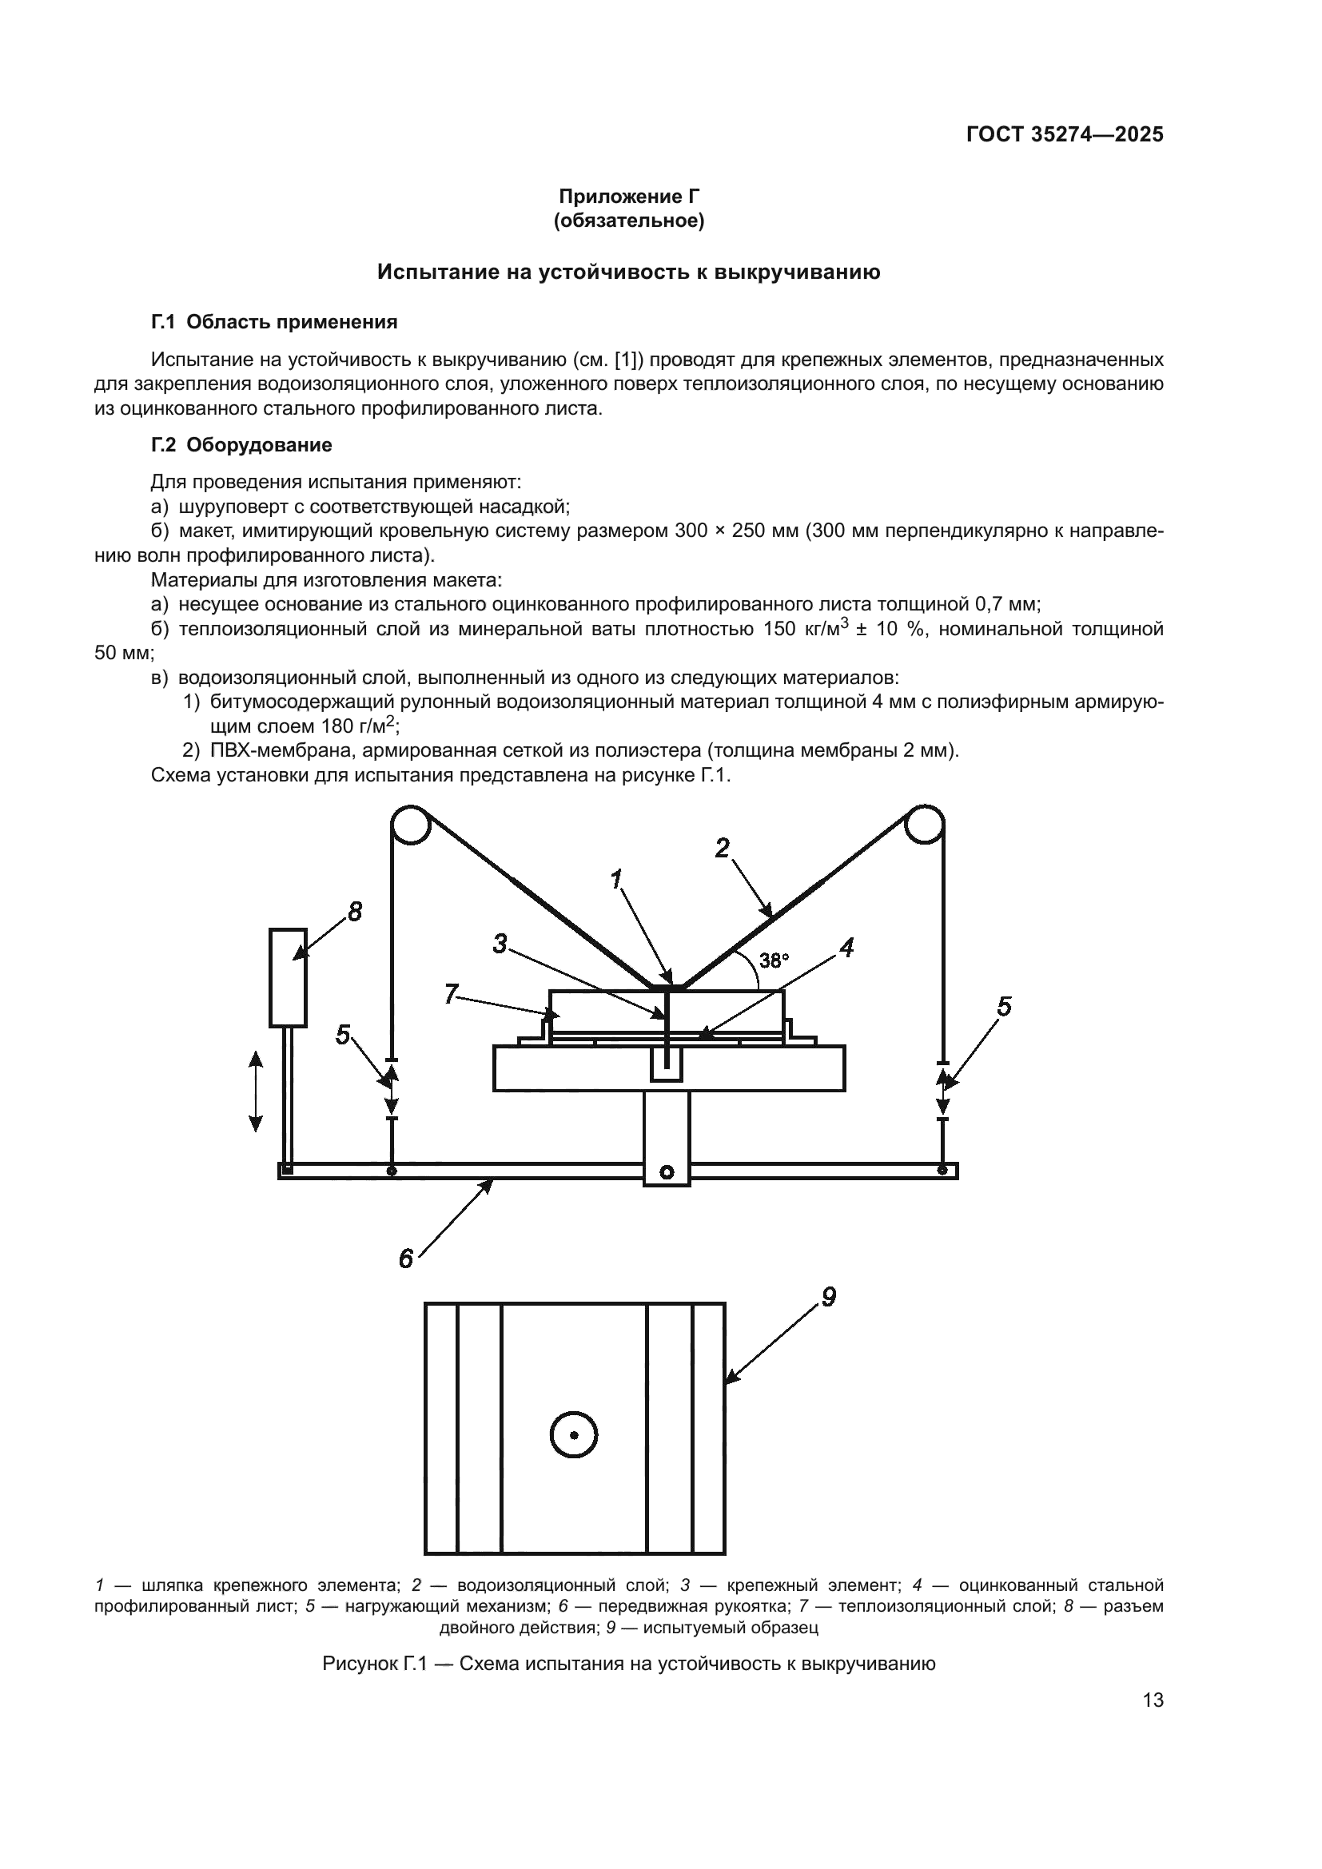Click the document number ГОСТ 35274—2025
(x=1065, y=135)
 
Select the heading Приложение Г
(x=628, y=197)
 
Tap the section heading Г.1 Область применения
(x=274, y=322)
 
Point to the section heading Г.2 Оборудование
(x=241, y=445)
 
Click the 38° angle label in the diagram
(x=774, y=960)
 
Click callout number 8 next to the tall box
(x=355, y=913)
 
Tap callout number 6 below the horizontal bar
(x=405, y=1259)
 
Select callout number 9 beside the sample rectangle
(x=829, y=1298)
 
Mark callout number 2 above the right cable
(x=722, y=849)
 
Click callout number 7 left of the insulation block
(x=451, y=994)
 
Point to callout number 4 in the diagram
(x=846, y=948)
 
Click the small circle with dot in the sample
(x=574, y=1435)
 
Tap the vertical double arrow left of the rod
(x=256, y=1091)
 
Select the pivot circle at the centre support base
(x=667, y=1172)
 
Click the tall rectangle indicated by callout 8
(x=289, y=977)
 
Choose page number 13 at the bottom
(x=1153, y=1700)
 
